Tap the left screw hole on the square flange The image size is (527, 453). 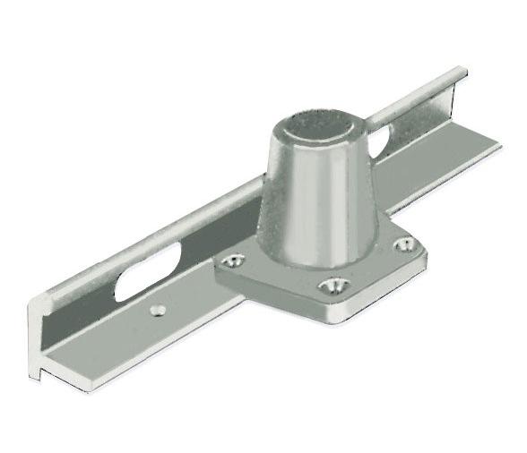coord(234,261)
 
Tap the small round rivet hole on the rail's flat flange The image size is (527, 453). coord(160,310)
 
